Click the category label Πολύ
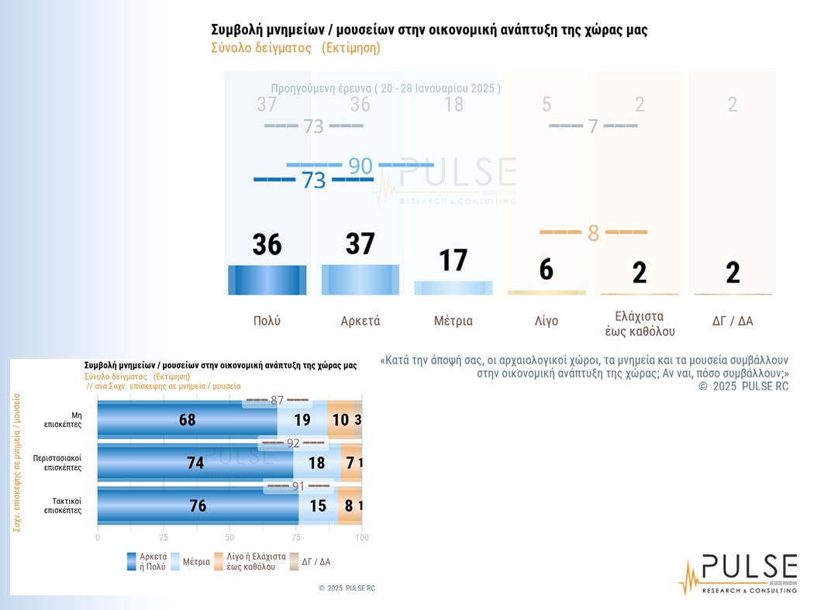coord(267,321)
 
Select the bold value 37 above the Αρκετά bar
coord(360,244)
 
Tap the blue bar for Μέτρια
coord(454,288)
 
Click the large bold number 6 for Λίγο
coord(547,270)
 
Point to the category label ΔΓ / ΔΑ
coord(733,321)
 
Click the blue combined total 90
coord(360,165)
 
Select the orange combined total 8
coord(593,233)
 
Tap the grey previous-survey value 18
coord(454,104)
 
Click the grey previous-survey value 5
coord(547,104)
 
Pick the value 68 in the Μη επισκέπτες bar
coord(187,420)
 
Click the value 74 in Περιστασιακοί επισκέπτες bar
coord(195,463)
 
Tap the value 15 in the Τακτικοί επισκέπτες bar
coord(318,505)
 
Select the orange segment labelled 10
coord(340,420)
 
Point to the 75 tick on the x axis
coord(295,537)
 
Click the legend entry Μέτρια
coord(190,562)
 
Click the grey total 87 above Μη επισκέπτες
coord(278,401)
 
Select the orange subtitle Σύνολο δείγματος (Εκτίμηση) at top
coord(295,48)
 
